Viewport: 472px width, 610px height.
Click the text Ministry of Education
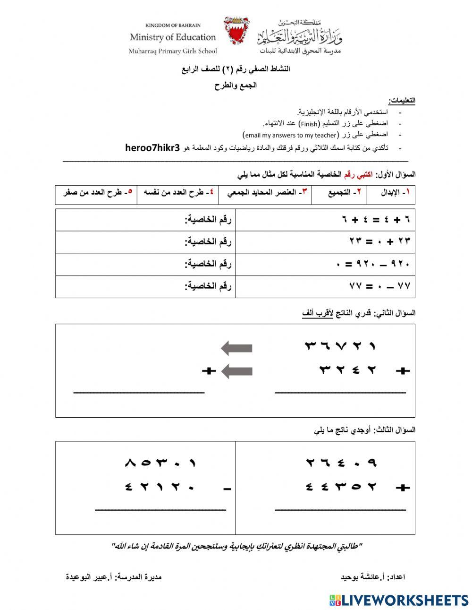173,37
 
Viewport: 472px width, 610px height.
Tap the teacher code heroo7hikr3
153,147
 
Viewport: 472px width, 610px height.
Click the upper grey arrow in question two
236,349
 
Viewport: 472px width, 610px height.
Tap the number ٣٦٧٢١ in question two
340,346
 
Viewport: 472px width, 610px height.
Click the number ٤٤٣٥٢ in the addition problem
341,487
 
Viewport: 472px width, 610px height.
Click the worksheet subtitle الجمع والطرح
236,86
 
